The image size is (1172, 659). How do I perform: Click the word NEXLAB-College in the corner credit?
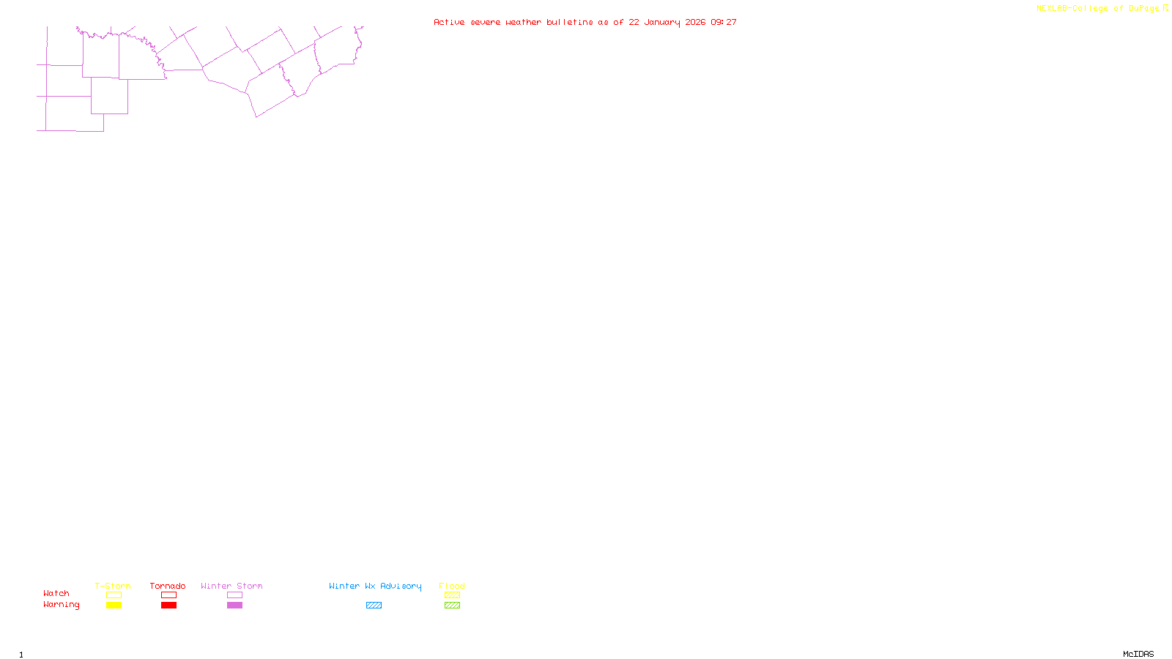click(1072, 9)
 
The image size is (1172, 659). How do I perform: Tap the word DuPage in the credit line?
click(1143, 9)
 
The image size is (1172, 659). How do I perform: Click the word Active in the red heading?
click(448, 22)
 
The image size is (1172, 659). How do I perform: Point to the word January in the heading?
click(661, 23)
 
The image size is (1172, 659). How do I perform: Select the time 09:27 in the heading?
click(724, 22)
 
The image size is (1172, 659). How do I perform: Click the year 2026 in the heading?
click(695, 22)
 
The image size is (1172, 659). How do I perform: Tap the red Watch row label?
click(56, 593)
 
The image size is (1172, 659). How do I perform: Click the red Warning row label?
click(62, 605)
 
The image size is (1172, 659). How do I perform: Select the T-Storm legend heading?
click(113, 586)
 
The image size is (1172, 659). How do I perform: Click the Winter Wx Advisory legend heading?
click(375, 586)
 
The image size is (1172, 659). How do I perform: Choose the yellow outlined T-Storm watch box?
click(114, 595)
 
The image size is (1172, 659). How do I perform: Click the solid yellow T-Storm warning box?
click(114, 606)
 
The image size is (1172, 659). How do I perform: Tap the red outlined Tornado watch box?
click(168, 595)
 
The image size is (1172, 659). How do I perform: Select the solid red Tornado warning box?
click(168, 606)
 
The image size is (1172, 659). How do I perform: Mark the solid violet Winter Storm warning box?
click(234, 606)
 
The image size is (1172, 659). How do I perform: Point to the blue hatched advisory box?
click(374, 606)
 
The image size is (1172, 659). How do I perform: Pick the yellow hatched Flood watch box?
click(452, 595)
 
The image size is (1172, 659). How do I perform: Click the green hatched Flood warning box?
click(452, 606)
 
